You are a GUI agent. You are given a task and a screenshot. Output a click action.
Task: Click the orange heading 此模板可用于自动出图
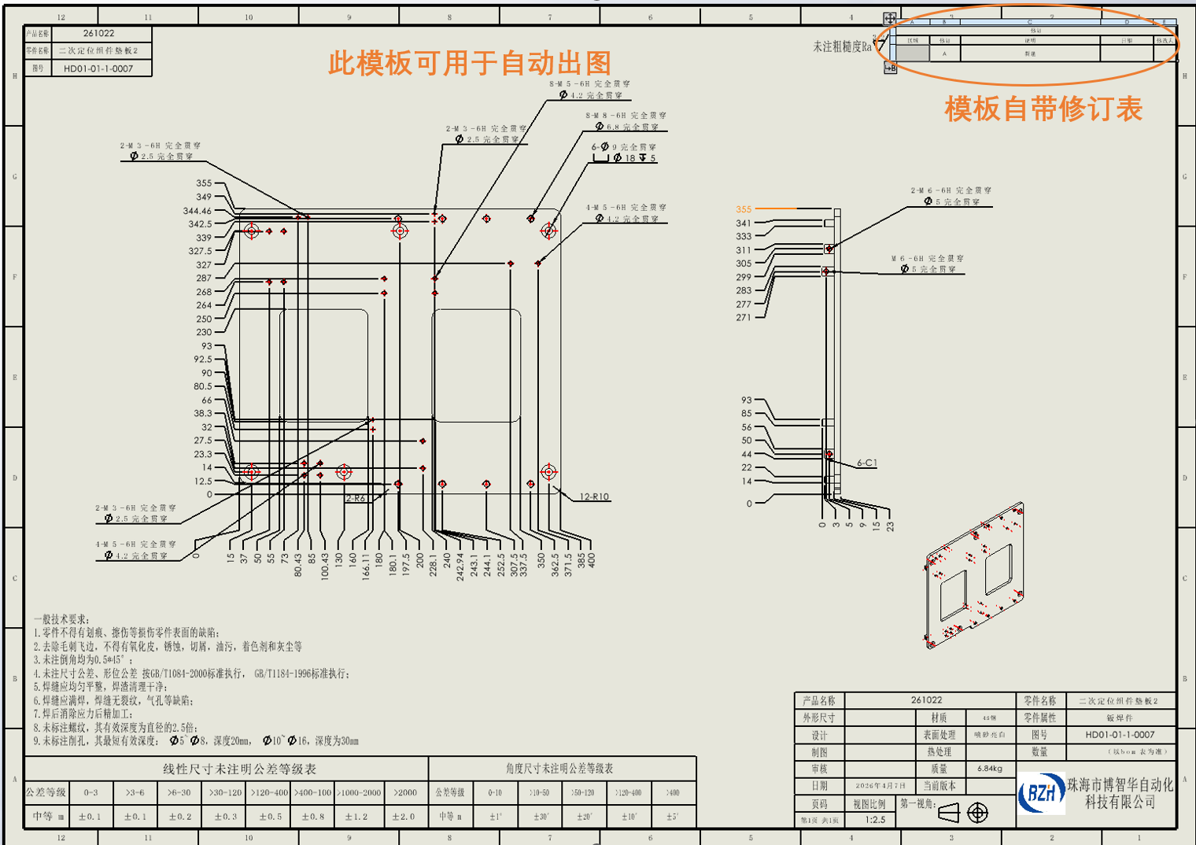(469, 63)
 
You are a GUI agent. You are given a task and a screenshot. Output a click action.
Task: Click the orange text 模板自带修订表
(1043, 109)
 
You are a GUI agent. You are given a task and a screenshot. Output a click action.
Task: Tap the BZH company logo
(1041, 793)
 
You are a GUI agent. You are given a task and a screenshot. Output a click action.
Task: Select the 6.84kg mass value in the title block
(989, 769)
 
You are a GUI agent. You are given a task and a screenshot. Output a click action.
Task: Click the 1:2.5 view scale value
(875, 820)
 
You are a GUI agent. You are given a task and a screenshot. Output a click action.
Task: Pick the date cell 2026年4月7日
(880, 786)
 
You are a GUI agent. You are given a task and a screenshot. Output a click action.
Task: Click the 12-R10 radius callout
(594, 497)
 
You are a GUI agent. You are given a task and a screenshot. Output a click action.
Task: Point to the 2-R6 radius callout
(356, 499)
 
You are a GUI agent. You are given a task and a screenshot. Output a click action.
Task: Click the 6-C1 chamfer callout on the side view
(866, 463)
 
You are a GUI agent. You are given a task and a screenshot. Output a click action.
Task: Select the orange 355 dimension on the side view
(744, 209)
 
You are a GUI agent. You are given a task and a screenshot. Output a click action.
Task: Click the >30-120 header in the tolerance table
(225, 793)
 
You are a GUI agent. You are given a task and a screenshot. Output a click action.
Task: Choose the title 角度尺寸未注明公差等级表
(559, 769)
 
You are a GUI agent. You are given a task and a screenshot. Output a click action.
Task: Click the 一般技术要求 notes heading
(61, 619)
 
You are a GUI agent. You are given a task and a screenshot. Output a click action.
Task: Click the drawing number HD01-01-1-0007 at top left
(98, 68)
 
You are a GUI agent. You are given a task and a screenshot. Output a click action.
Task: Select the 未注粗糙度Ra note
(842, 47)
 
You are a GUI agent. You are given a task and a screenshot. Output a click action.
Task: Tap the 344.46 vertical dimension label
(197, 211)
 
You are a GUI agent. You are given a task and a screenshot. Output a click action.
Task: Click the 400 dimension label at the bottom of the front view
(592, 560)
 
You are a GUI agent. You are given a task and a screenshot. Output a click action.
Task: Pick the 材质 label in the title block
(939, 718)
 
